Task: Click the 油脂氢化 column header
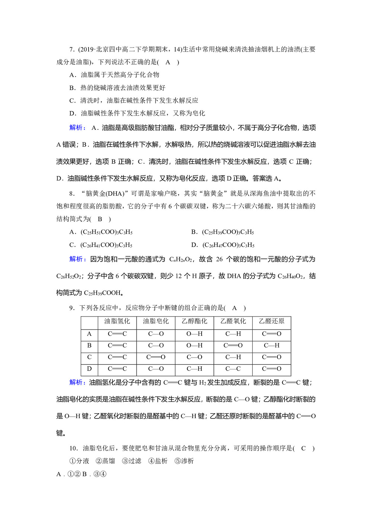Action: click(x=117, y=321)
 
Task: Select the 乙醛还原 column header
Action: click(x=272, y=321)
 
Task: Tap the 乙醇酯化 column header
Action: click(x=194, y=321)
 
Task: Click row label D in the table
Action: click(x=89, y=369)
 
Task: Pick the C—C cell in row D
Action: click(x=233, y=369)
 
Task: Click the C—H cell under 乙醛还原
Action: click(x=272, y=345)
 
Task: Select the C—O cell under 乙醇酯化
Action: click(x=194, y=357)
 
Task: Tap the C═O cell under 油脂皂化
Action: click(x=155, y=357)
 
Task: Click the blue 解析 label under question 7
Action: click(x=77, y=128)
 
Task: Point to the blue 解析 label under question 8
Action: click(x=77, y=259)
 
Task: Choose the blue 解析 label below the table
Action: click(x=77, y=382)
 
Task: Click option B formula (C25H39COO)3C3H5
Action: click(x=228, y=232)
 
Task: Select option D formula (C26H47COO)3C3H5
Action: click(x=228, y=245)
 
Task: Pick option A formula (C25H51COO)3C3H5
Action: click(x=106, y=232)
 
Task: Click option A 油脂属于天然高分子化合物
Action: click(x=120, y=75)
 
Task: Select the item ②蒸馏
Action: click(x=105, y=461)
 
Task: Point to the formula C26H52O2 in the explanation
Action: click(x=69, y=276)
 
